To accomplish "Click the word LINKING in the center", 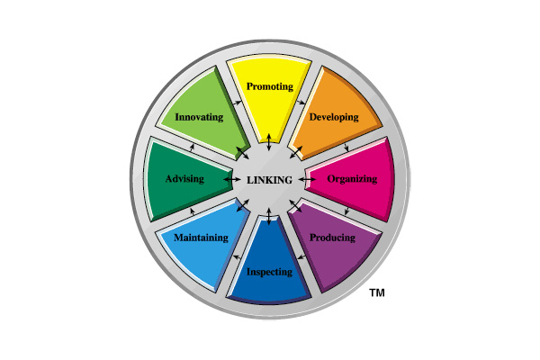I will [x=270, y=180].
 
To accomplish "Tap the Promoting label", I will [x=269, y=87].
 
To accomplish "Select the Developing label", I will [x=334, y=117].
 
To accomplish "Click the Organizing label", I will [x=352, y=179].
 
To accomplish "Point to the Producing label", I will [x=332, y=238].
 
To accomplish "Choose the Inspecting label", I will [x=269, y=271].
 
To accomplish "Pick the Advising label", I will [x=185, y=179].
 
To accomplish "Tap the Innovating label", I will [x=200, y=117].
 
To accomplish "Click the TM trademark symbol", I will [x=377, y=292].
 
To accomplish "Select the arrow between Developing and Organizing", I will [x=347, y=146].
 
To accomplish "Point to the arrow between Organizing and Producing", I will [x=347, y=212].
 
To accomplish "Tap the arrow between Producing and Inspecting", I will [x=303, y=258].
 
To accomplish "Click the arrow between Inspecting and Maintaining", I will [x=236, y=258].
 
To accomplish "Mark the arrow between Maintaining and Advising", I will [x=191, y=212].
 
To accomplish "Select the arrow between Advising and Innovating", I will [x=191, y=146].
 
